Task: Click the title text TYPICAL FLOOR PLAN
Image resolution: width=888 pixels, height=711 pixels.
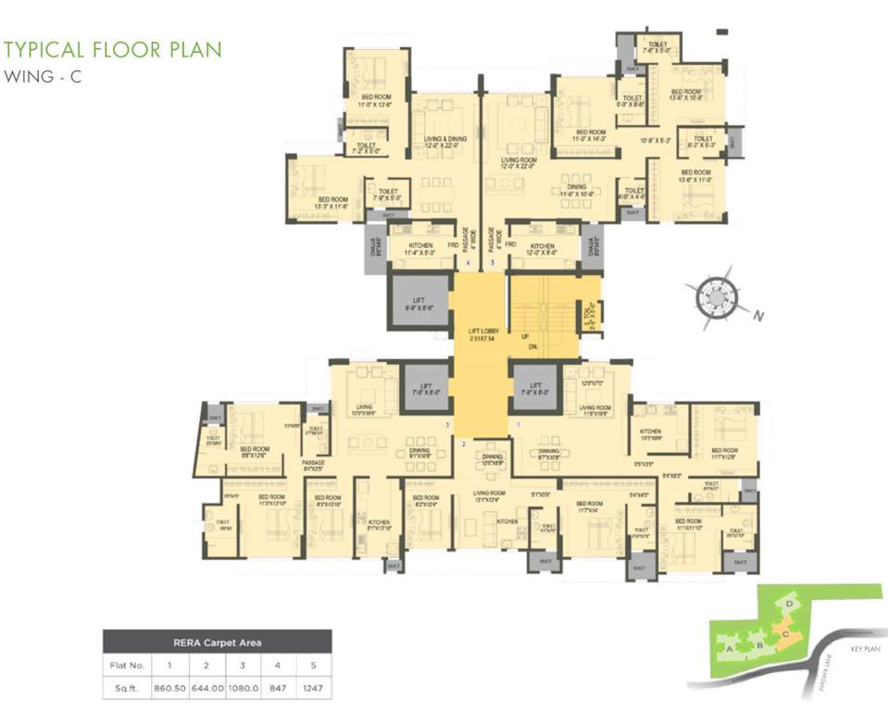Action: pos(113,49)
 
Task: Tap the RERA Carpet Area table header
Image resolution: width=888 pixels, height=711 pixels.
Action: pos(217,641)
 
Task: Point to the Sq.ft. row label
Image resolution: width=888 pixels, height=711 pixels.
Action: pos(127,690)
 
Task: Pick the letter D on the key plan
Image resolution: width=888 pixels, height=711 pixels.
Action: pos(788,604)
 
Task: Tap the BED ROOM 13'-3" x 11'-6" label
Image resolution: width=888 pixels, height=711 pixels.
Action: pos(332,203)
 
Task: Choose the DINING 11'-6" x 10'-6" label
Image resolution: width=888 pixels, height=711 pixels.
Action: pos(577,191)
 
